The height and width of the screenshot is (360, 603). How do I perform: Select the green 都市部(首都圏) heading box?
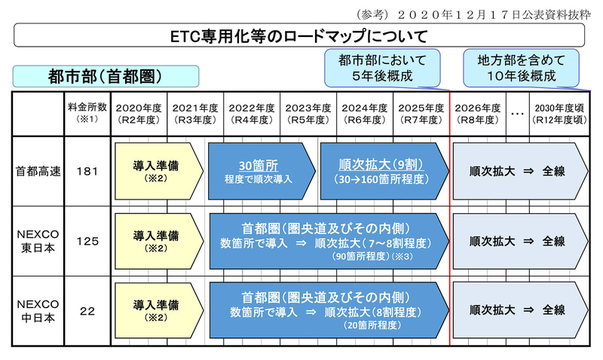click(x=106, y=76)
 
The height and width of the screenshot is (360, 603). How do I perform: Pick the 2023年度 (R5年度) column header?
click(x=309, y=113)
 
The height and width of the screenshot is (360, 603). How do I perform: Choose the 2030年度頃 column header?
click(x=559, y=113)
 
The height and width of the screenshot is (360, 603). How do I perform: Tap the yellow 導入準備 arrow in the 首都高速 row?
click(x=155, y=169)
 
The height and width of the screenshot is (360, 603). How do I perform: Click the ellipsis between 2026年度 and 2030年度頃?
click(x=517, y=114)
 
